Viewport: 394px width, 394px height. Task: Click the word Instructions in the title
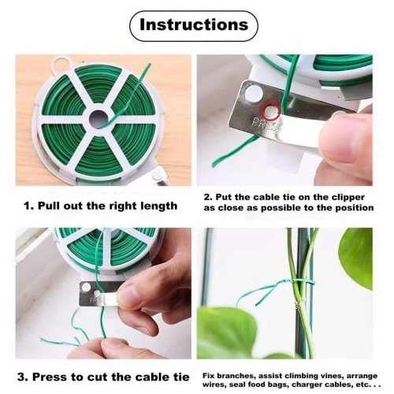click(x=194, y=24)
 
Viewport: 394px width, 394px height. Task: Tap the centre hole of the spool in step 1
click(x=98, y=119)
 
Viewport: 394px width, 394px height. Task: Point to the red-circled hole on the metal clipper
click(x=270, y=110)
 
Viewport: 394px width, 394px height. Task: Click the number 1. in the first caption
click(x=29, y=206)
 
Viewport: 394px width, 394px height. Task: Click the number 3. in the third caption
click(x=23, y=377)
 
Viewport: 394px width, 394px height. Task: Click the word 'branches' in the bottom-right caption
click(x=236, y=376)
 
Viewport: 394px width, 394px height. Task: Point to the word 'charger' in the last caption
click(x=308, y=385)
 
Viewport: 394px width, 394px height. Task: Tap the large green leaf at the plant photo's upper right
click(x=355, y=258)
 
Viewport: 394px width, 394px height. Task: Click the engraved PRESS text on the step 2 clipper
click(x=264, y=124)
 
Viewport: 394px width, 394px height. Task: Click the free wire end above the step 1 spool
click(x=149, y=65)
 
